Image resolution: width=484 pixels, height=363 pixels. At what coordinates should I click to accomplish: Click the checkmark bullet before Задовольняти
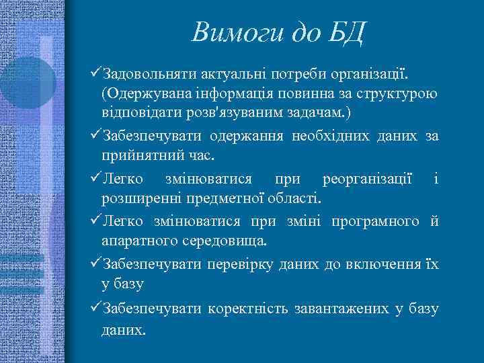pos(93,71)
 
